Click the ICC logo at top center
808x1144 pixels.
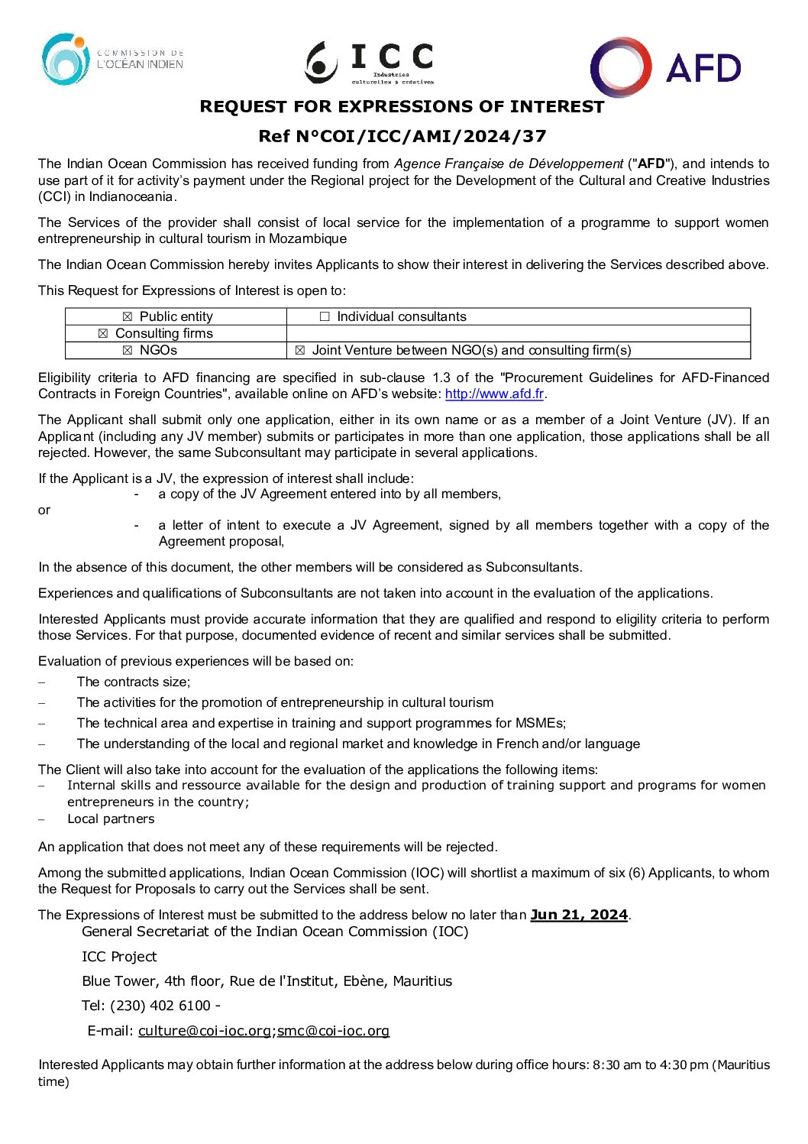pyautogui.click(x=370, y=62)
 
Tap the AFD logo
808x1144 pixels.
pyautogui.click(x=665, y=67)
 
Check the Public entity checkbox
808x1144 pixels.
pyautogui.click(x=128, y=316)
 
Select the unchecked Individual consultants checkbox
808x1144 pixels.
pyautogui.click(x=325, y=316)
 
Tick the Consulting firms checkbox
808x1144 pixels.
pyautogui.click(x=103, y=333)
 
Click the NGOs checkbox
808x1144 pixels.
pyautogui.click(x=128, y=350)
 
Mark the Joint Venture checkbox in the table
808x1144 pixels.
pyautogui.click(x=300, y=350)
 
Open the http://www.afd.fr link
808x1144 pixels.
pyautogui.click(x=494, y=394)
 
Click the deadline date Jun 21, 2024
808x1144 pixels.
pyautogui.click(x=579, y=915)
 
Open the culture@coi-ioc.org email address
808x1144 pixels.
pyautogui.click(x=205, y=1031)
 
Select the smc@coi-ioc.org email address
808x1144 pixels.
pyautogui.click(x=333, y=1031)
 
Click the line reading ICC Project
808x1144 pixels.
pyautogui.click(x=119, y=957)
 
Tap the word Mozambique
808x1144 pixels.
pyautogui.click(x=308, y=239)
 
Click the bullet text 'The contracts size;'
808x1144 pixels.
pyautogui.click(x=134, y=682)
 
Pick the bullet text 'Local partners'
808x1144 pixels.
pyautogui.click(x=111, y=819)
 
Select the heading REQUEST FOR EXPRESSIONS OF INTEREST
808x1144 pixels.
pyautogui.click(x=402, y=107)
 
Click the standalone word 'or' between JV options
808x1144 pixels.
pyautogui.click(x=44, y=510)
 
